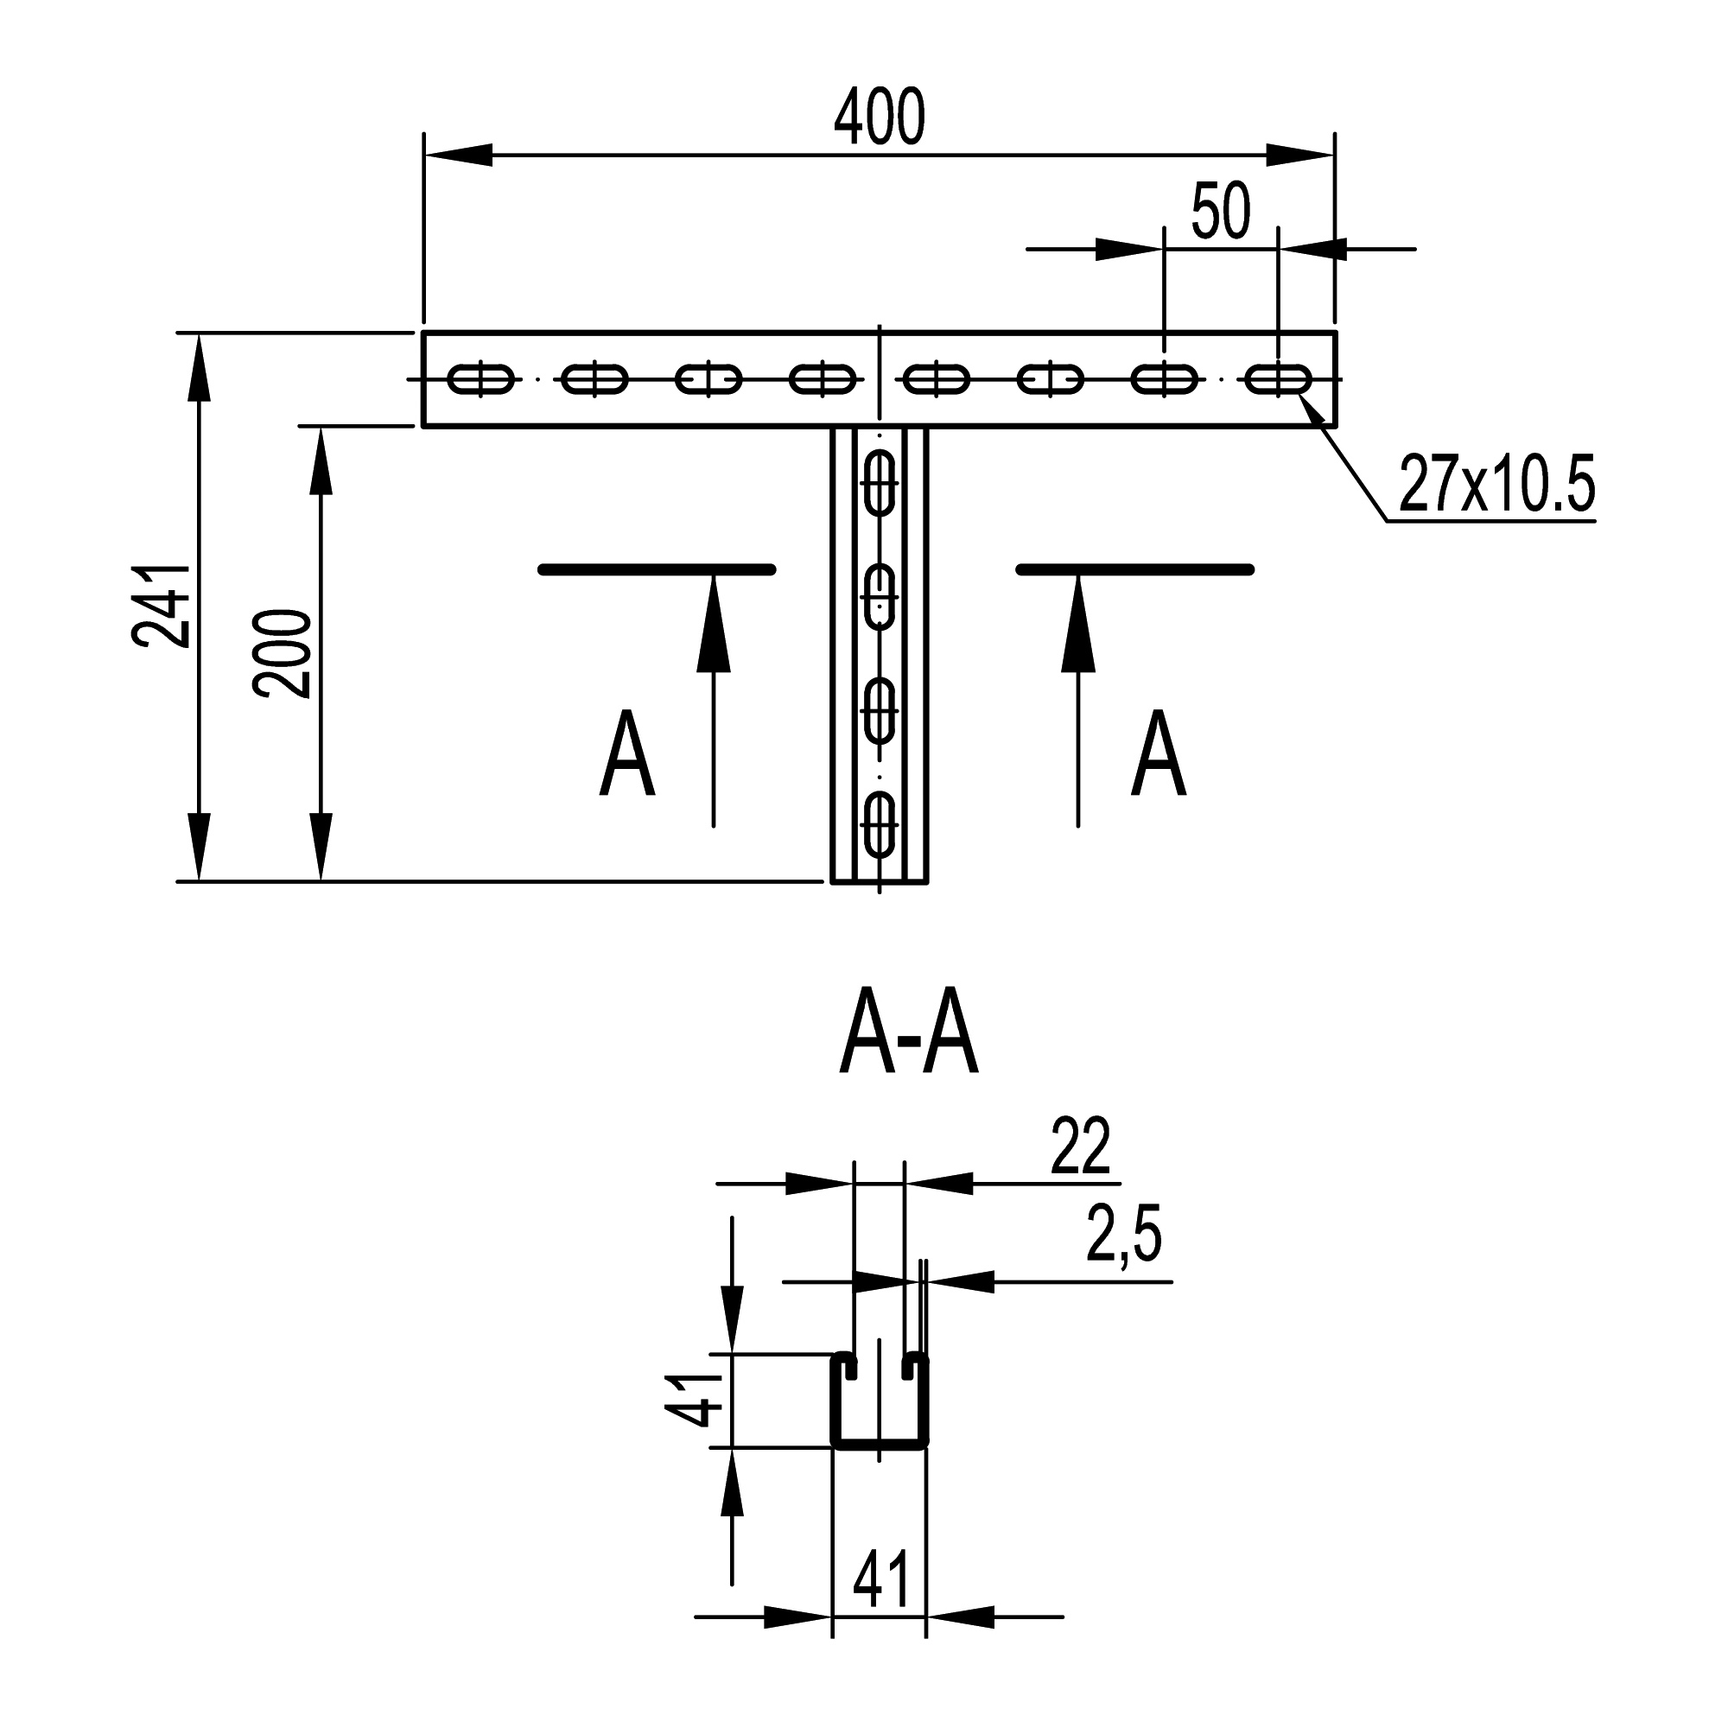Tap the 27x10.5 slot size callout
coord(1496,485)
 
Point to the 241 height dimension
coord(162,606)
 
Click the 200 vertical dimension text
coord(283,653)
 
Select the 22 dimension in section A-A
coord(1081,1147)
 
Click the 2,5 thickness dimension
coord(1123,1235)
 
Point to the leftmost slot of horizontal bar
coord(482,379)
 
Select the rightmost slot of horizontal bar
coord(1279,379)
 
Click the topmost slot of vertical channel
coord(880,484)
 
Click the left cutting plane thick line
coord(657,569)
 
